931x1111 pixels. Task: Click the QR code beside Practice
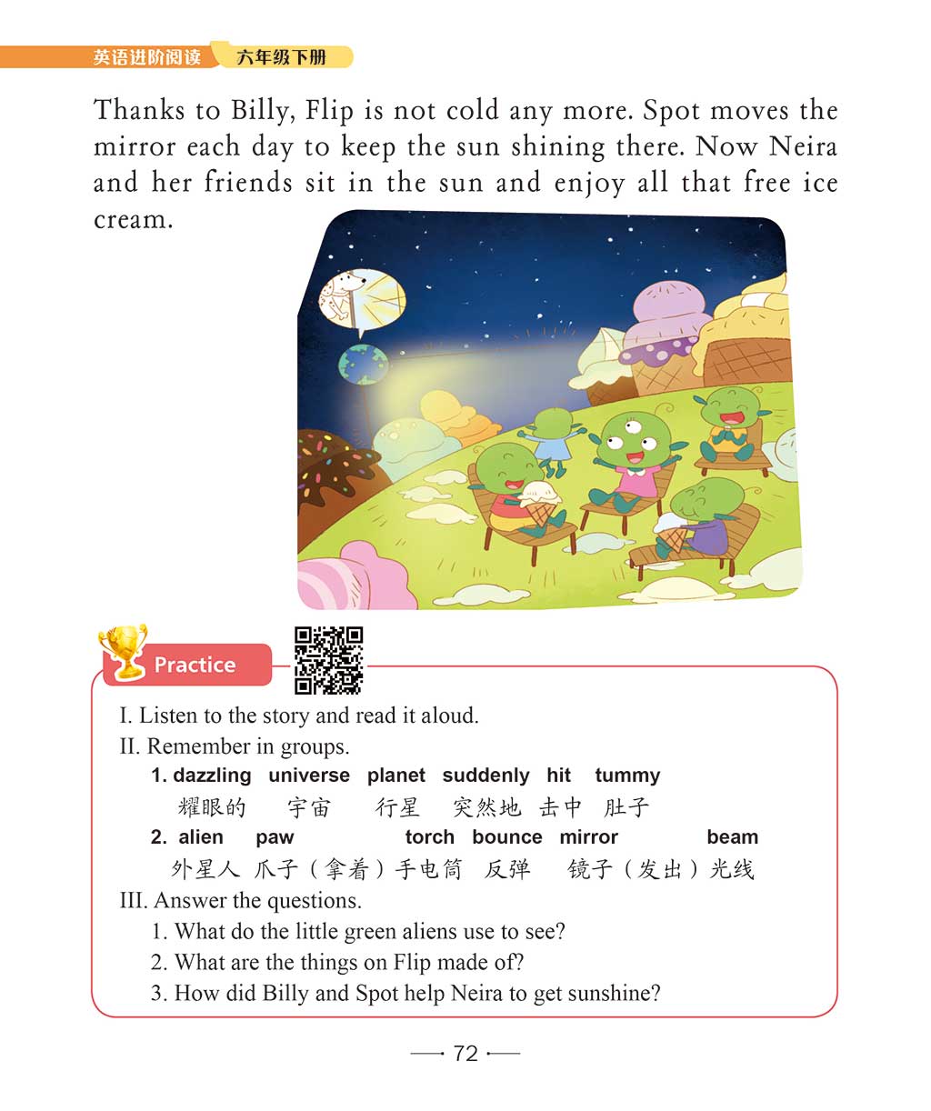click(x=328, y=660)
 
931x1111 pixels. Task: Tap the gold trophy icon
click(x=124, y=651)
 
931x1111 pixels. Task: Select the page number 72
click(x=465, y=1053)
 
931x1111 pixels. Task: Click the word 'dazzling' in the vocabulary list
click(x=212, y=776)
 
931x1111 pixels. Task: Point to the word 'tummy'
click(x=626, y=776)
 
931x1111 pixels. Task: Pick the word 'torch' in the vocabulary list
click(x=429, y=837)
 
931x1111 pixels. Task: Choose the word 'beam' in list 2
click(x=732, y=837)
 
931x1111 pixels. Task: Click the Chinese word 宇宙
click(x=309, y=807)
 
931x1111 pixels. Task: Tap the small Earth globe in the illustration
click(x=356, y=365)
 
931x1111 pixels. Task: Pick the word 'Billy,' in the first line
click(x=263, y=111)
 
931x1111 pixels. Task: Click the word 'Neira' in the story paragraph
click(x=803, y=147)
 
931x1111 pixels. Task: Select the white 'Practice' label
click(x=195, y=665)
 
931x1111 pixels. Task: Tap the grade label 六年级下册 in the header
click(x=281, y=57)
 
